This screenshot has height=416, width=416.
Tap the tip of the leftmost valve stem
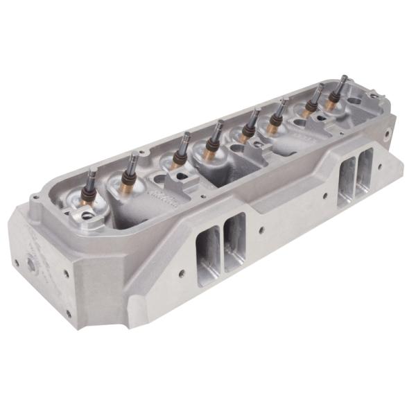tap(92, 169)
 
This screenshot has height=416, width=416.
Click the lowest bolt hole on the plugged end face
tap(69, 313)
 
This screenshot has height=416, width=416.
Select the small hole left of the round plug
tap(15, 262)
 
